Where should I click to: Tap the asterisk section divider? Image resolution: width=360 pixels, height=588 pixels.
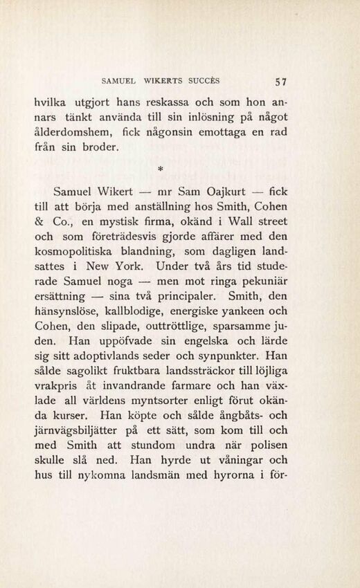pos(181,168)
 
